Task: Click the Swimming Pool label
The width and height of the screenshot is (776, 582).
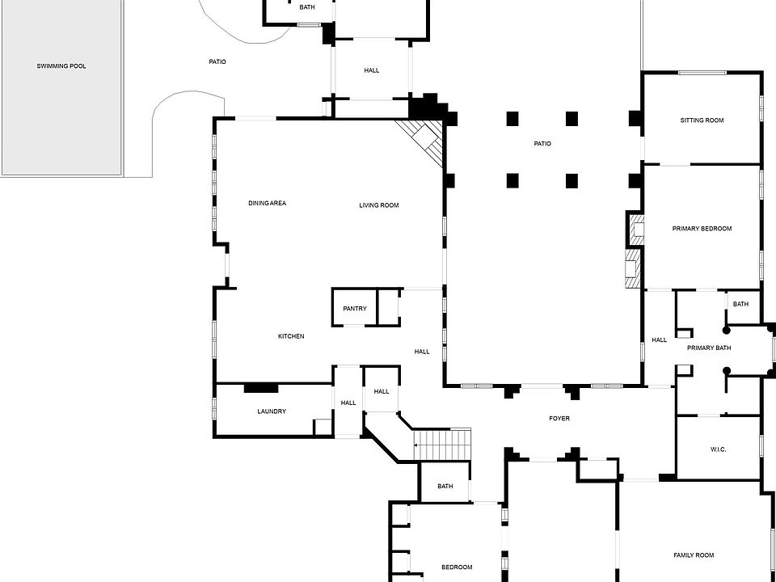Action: tap(61, 66)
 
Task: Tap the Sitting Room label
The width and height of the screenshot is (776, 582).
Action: tap(702, 120)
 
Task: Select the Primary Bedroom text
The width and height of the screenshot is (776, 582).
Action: tap(702, 229)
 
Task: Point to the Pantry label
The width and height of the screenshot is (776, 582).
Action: tap(354, 308)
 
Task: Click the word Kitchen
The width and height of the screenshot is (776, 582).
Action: tap(291, 336)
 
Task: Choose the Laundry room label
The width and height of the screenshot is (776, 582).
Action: tap(272, 411)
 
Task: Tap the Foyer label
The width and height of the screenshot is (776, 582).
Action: tap(559, 419)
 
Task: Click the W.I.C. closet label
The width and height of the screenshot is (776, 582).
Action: tap(718, 449)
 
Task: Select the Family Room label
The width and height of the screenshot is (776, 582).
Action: tap(694, 555)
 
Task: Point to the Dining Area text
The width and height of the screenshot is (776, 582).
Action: tap(267, 203)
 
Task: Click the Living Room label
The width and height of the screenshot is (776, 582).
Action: tap(379, 205)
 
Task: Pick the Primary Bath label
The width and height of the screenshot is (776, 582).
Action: tap(709, 348)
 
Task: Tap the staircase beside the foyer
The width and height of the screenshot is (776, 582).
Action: tap(442, 444)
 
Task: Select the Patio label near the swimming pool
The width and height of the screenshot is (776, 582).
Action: tap(217, 61)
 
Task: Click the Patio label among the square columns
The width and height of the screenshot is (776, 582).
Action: tap(542, 144)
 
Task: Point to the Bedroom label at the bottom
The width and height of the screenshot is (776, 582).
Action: tap(457, 567)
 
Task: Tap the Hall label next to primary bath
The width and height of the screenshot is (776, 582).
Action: tap(660, 339)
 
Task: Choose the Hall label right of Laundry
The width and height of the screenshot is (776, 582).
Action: tap(348, 403)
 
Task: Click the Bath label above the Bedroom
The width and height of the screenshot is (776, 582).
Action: tap(445, 487)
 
